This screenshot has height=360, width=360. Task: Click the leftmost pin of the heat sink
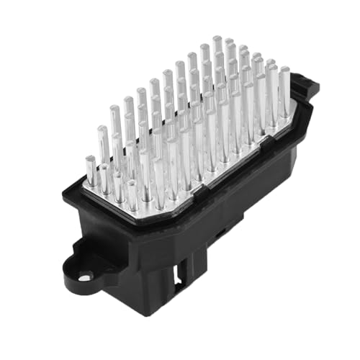(x=91, y=170)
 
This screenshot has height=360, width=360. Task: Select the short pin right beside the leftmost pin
(x=105, y=179)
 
